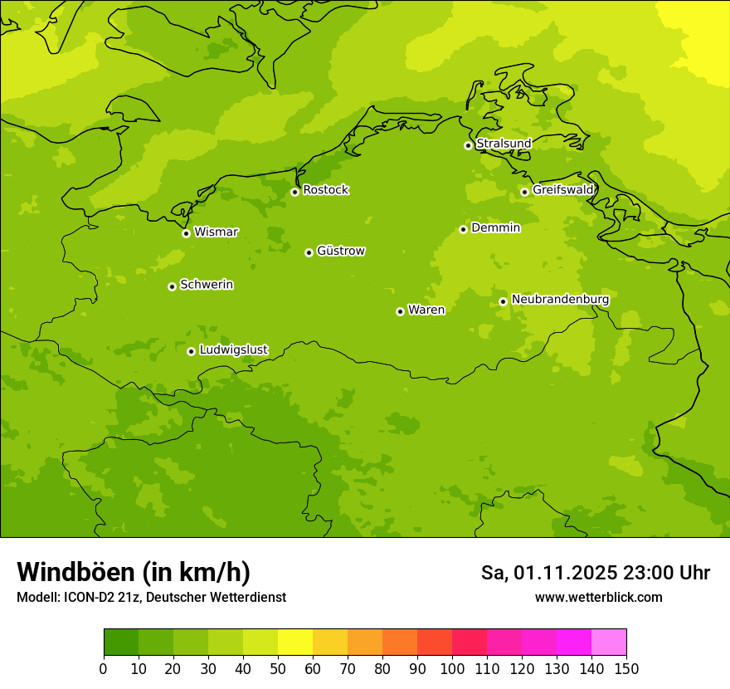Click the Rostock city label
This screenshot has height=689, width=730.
(325, 190)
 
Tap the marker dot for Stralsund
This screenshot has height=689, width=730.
(468, 145)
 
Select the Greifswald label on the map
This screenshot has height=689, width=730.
(562, 190)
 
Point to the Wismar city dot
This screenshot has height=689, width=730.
(186, 233)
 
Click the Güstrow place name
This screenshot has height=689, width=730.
(340, 251)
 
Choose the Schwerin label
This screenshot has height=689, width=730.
(207, 285)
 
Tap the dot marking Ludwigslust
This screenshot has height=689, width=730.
(191, 351)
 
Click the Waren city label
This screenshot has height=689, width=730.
(426, 310)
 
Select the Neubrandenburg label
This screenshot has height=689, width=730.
(560, 300)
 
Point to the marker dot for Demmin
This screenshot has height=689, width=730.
(463, 229)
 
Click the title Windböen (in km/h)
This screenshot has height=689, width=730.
(134, 572)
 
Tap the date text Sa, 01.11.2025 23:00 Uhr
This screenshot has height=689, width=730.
(595, 573)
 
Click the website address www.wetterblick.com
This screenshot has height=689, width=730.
(598, 598)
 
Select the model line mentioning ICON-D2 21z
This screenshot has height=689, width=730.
(151, 598)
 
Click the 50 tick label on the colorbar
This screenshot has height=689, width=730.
(278, 669)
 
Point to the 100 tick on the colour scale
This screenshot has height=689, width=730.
(452, 669)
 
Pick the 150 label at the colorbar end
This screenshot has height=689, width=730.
(626, 669)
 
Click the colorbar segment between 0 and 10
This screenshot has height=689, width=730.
(121, 643)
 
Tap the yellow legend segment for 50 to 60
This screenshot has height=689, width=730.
(295, 643)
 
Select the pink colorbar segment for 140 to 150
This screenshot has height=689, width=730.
(609, 643)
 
